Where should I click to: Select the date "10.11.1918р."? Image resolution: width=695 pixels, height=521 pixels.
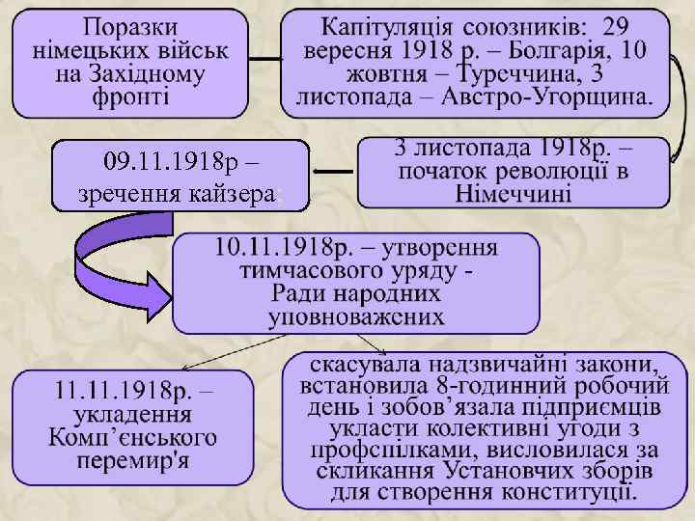coord(267,248)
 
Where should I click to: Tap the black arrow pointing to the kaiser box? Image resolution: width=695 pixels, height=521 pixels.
coord(334,173)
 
